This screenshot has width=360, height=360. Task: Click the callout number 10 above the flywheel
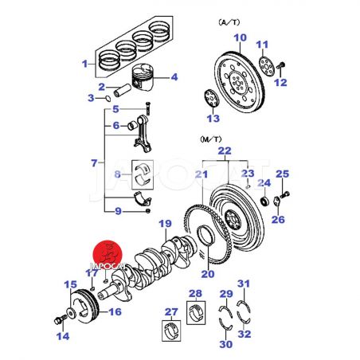[x=240, y=37]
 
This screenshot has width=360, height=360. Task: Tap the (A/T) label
[x=229, y=22]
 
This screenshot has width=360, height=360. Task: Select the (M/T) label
[x=210, y=139]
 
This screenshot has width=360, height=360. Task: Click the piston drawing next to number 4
[x=143, y=77]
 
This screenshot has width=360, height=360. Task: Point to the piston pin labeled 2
[x=123, y=91]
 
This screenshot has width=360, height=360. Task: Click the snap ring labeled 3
[x=108, y=99]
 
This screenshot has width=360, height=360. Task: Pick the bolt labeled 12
[x=280, y=65]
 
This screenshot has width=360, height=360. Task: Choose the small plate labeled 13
[x=212, y=98]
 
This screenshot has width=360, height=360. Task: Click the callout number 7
[x=94, y=163]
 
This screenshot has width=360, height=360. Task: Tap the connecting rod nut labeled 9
[x=148, y=211]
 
